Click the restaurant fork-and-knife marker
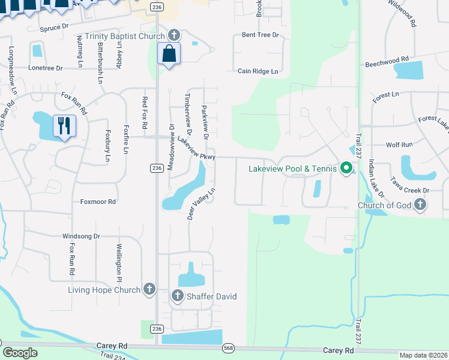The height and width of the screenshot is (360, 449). coord(64,126)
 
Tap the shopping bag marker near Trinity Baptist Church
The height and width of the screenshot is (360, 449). coord(169,53)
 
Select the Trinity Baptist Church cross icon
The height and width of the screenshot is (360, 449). coord(174,35)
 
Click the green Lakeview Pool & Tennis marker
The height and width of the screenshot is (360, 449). coord(346,169)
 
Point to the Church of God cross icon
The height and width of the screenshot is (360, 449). coord(420,205)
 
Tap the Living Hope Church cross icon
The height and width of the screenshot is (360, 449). coord(149,290)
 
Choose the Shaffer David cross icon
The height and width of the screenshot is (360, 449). coord(178,296)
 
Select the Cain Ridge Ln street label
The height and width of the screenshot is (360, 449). coord(258,71)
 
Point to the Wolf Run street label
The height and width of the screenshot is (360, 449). coord(399,145)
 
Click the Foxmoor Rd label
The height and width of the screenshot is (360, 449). coord(98,202)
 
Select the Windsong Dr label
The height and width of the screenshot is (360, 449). coord(81,236)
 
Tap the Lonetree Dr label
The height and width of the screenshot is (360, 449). coord(45,68)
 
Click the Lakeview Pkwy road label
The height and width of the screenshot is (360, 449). coord(196,149)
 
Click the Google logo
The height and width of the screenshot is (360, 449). coord(20,353)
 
